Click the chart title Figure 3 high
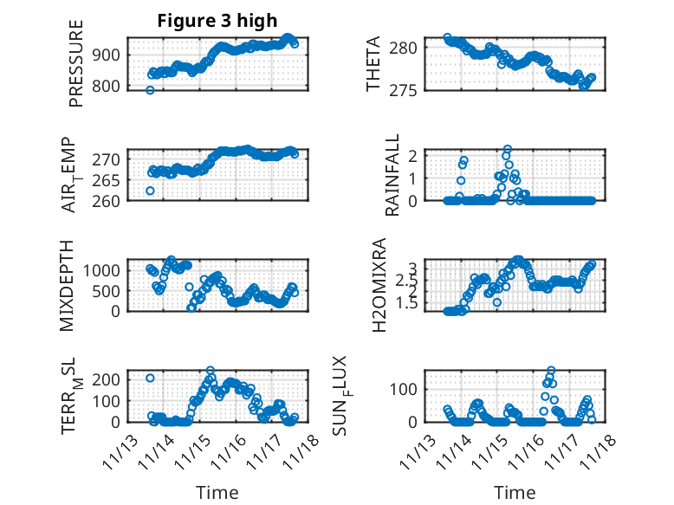[x=217, y=22]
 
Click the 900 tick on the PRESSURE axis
[x=111, y=55]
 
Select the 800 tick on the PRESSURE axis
[x=111, y=86]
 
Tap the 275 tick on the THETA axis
[x=408, y=90]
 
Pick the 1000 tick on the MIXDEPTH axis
[x=107, y=270]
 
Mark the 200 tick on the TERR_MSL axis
[x=111, y=379]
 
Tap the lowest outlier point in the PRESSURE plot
[x=150, y=90]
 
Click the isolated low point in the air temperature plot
[x=150, y=191]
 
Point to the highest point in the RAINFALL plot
[x=508, y=149]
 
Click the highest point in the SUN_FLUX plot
[x=551, y=371]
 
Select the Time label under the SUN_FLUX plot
[x=515, y=492]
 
